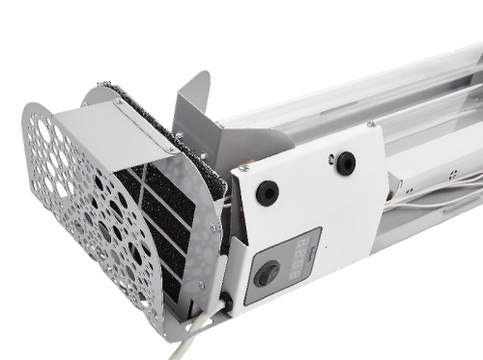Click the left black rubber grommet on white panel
point(267,192)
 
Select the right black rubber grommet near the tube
point(344,163)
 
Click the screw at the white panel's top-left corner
point(242,168)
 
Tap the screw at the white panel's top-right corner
point(371,125)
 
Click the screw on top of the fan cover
point(118,101)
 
